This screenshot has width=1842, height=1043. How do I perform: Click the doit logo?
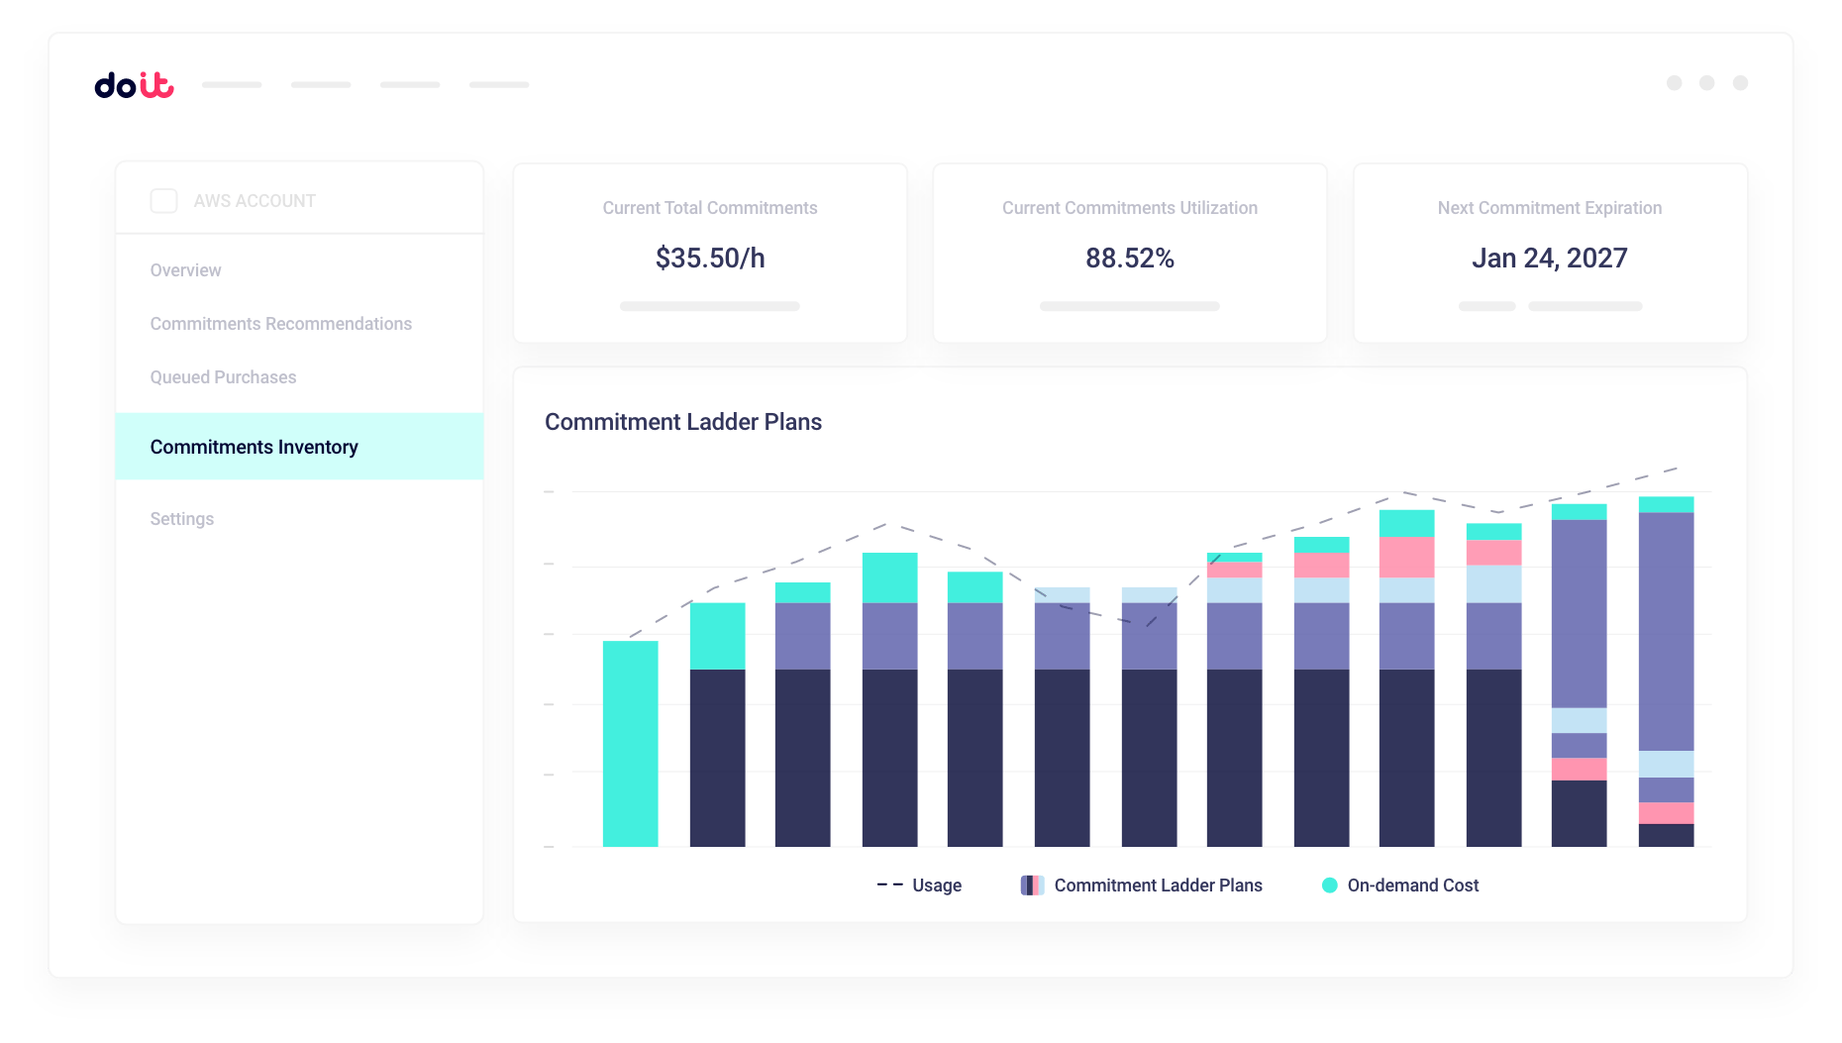[134, 85]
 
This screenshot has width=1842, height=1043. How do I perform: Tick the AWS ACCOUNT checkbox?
[163, 201]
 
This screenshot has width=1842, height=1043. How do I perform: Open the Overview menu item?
[185, 270]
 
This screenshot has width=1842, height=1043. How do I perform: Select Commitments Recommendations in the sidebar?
[280, 324]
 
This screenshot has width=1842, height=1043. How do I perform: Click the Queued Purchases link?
[223, 377]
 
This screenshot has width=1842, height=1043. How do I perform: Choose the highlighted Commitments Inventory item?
[254, 447]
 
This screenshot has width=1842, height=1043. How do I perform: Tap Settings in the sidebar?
[181, 519]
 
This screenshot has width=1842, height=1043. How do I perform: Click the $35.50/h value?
[710, 259]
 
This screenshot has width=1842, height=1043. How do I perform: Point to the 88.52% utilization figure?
[1129, 259]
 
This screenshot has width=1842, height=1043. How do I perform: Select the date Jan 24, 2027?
[1549, 259]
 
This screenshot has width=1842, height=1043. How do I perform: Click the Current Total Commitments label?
[710, 208]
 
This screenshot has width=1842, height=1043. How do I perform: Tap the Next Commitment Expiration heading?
[1549, 208]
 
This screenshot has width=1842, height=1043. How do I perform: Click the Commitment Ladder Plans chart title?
[683, 422]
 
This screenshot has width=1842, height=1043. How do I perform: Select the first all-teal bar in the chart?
[630, 743]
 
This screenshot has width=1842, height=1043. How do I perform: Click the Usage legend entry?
[921, 886]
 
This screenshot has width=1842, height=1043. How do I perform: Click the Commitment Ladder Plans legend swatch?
[1032, 886]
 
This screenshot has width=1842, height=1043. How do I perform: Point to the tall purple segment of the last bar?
[1666, 631]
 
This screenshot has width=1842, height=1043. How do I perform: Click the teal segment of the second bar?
[717, 636]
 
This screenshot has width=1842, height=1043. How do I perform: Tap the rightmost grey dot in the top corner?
[1740, 83]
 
